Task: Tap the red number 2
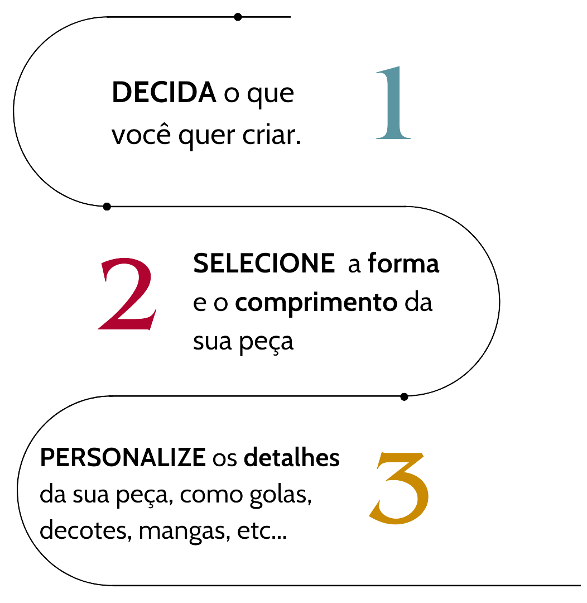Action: [128, 294]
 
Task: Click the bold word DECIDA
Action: [163, 93]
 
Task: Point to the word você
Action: [141, 135]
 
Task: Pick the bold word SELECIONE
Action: [264, 264]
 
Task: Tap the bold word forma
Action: [403, 263]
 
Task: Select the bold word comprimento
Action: [316, 303]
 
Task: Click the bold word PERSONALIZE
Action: [123, 458]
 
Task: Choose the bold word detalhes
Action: [292, 457]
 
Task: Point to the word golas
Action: [280, 495]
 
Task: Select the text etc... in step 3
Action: [262, 532]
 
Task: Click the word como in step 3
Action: [211, 496]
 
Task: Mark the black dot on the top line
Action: [238, 17]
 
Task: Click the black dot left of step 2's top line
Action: [107, 207]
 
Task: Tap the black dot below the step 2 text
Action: [404, 396]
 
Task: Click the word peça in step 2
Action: [266, 342]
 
